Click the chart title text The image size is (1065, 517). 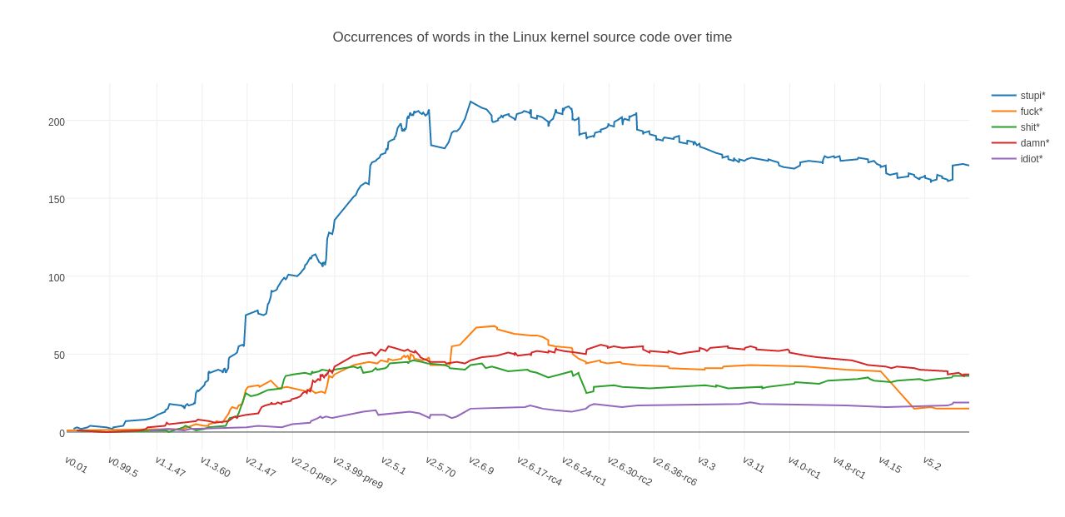(x=532, y=37)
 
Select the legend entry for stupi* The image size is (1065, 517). (x=1033, y=96)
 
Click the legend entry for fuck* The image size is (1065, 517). (x=1031, y=112)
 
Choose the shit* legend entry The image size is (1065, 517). (x=1030, y=127)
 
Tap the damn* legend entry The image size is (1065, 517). (x=1034, y=143)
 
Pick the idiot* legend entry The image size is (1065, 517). (x=1031, y=159)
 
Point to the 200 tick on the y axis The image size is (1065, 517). (x=57, y=122)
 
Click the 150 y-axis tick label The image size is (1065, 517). (x=57, y=199)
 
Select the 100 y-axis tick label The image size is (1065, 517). (x=57, y=277)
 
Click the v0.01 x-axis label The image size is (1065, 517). (x=76, y=465)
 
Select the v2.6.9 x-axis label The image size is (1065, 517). (x=480, y=465)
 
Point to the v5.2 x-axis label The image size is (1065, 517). (x=932, y=463)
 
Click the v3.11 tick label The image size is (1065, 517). (x=753, y=465)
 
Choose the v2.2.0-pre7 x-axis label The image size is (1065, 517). (x=313, y=471)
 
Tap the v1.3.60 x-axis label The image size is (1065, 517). (x=215, y=466)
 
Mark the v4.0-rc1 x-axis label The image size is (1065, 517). (x=804, y=467)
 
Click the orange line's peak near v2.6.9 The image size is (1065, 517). (x=494, y=326)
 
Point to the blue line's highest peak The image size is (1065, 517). (x=470, y=102)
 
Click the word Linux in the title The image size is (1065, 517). (x=528, y=37)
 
